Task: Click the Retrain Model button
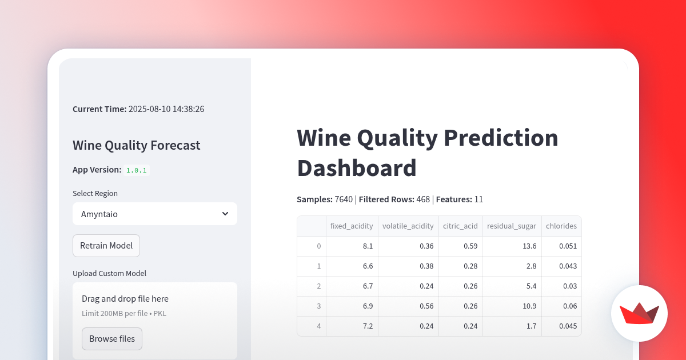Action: tap(106, 246)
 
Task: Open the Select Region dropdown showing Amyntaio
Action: tap(154, 214)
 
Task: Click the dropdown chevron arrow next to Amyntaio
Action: tap(225, 214)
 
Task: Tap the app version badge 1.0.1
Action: tap(137, 170)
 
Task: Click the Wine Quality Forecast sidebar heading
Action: tap(137, 145)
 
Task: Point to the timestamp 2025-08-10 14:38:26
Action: tap(166, 109)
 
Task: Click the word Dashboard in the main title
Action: tap(357, 168)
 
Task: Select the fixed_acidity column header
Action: tap(352, 226)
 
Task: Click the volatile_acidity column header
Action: tap(408, 226)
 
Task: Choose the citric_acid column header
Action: tap(460, 226)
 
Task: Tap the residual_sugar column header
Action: tap(512, 226)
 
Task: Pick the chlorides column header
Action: tap(561, 226)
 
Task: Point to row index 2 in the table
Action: tap(318, 286)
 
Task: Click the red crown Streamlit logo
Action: tap(639, 314)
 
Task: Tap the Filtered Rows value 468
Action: tap(423, 199)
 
